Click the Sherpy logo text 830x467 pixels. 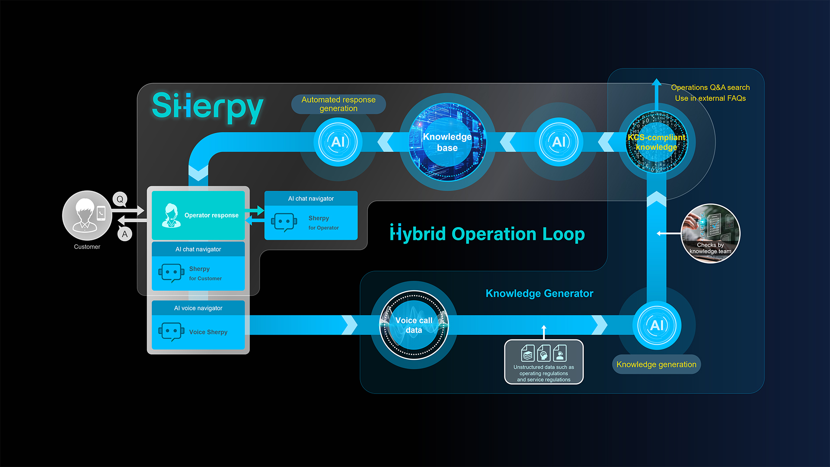pos(207,107)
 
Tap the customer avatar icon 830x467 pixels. pos(87,215)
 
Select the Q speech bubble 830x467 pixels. pos(120,199)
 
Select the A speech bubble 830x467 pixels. pos(124,234)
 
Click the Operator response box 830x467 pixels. pos(198,215)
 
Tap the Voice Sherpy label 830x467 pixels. pos(208,332)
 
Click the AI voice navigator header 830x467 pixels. pos(198,308)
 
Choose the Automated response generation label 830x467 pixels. pos(338,104)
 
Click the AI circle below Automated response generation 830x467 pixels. pos(338,142)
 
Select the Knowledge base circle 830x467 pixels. pos(447,142)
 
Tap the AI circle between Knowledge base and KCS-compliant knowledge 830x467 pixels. pos(559,142)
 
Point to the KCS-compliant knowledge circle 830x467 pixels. pos(656,142)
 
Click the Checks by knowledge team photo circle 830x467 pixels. pos(710,233)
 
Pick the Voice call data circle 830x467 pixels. pos(414,325)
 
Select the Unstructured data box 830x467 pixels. pos(544,362)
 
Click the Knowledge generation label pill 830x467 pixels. pos(656,365)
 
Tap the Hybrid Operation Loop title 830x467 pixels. pos(487,234)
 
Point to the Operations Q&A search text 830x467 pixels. pos(710,87)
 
